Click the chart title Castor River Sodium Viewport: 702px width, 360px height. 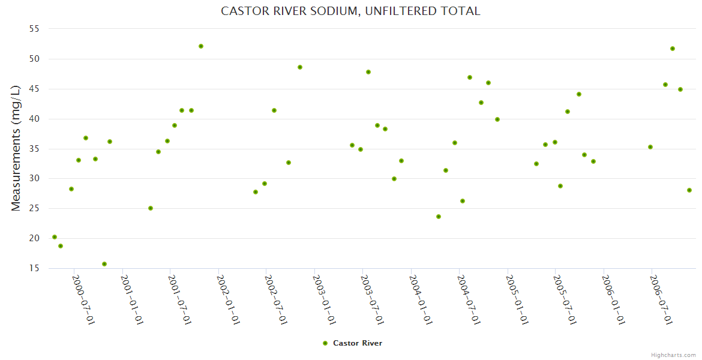350,11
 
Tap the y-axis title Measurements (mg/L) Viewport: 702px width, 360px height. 16,148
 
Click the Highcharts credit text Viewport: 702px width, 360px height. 673,355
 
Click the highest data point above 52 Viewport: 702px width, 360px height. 201,46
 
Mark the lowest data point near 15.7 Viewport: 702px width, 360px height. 104,264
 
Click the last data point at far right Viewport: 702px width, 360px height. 689,190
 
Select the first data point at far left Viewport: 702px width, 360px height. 55,237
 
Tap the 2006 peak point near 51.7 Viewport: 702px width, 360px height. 673,49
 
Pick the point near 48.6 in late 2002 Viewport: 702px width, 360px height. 300,67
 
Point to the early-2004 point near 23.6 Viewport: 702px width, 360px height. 439,217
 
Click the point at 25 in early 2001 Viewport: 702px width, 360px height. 151,208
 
